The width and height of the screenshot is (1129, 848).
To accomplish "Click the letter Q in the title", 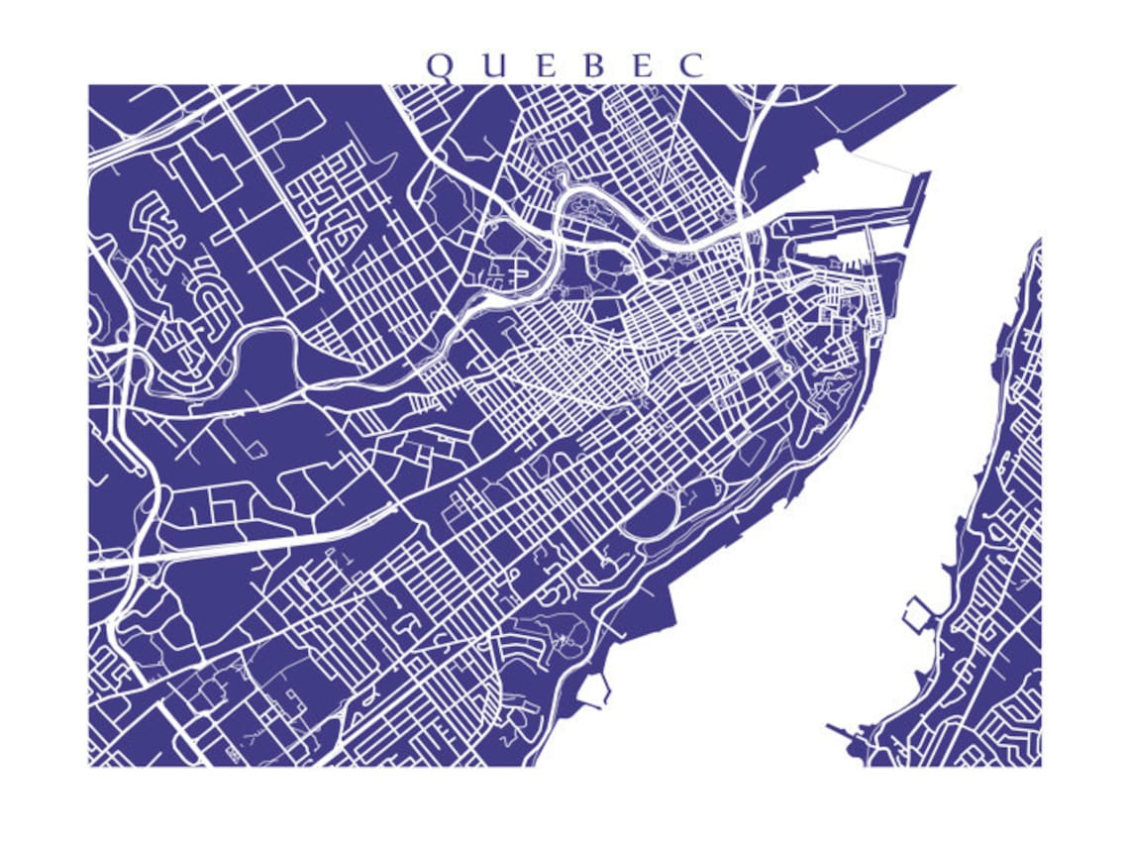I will [440, 65].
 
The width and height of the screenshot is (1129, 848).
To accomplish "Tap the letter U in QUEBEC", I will [490, 65].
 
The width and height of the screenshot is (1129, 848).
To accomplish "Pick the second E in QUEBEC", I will [642, 65].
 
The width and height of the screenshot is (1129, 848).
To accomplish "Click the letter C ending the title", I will [691, 65].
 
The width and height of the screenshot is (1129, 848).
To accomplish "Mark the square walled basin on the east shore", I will [914, 613].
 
